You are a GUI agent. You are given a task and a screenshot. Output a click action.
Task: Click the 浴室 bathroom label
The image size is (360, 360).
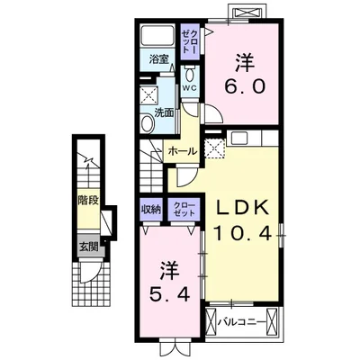tap(159, 63)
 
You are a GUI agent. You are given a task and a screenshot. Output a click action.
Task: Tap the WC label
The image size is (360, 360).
tap(191, 89)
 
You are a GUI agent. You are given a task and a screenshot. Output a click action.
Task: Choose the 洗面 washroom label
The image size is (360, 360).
tap(165, 114)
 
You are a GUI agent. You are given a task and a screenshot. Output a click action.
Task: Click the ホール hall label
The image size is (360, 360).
tap(182, 150)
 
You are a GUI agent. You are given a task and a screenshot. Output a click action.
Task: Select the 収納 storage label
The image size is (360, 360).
tap(151, 209)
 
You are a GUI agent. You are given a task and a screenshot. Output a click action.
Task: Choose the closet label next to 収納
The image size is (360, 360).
tap(182, 210)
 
